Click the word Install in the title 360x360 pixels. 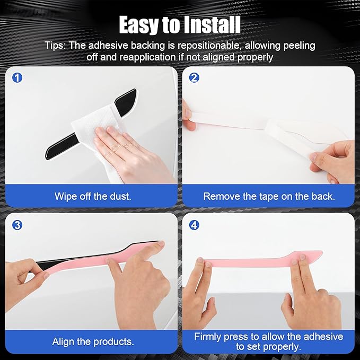tap(212, 25)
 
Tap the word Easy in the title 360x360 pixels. tap(139, 25)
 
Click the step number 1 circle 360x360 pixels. tap(17, 77)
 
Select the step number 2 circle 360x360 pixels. tap(194, 77)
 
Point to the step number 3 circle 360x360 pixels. tap(17, 225)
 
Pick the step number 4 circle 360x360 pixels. tap(194, 225)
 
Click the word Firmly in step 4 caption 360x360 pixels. tap(207, 337)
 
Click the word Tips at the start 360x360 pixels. tap(55, 46)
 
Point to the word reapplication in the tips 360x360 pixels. tap(147, 57)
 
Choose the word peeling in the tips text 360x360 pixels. tap(299, 46)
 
